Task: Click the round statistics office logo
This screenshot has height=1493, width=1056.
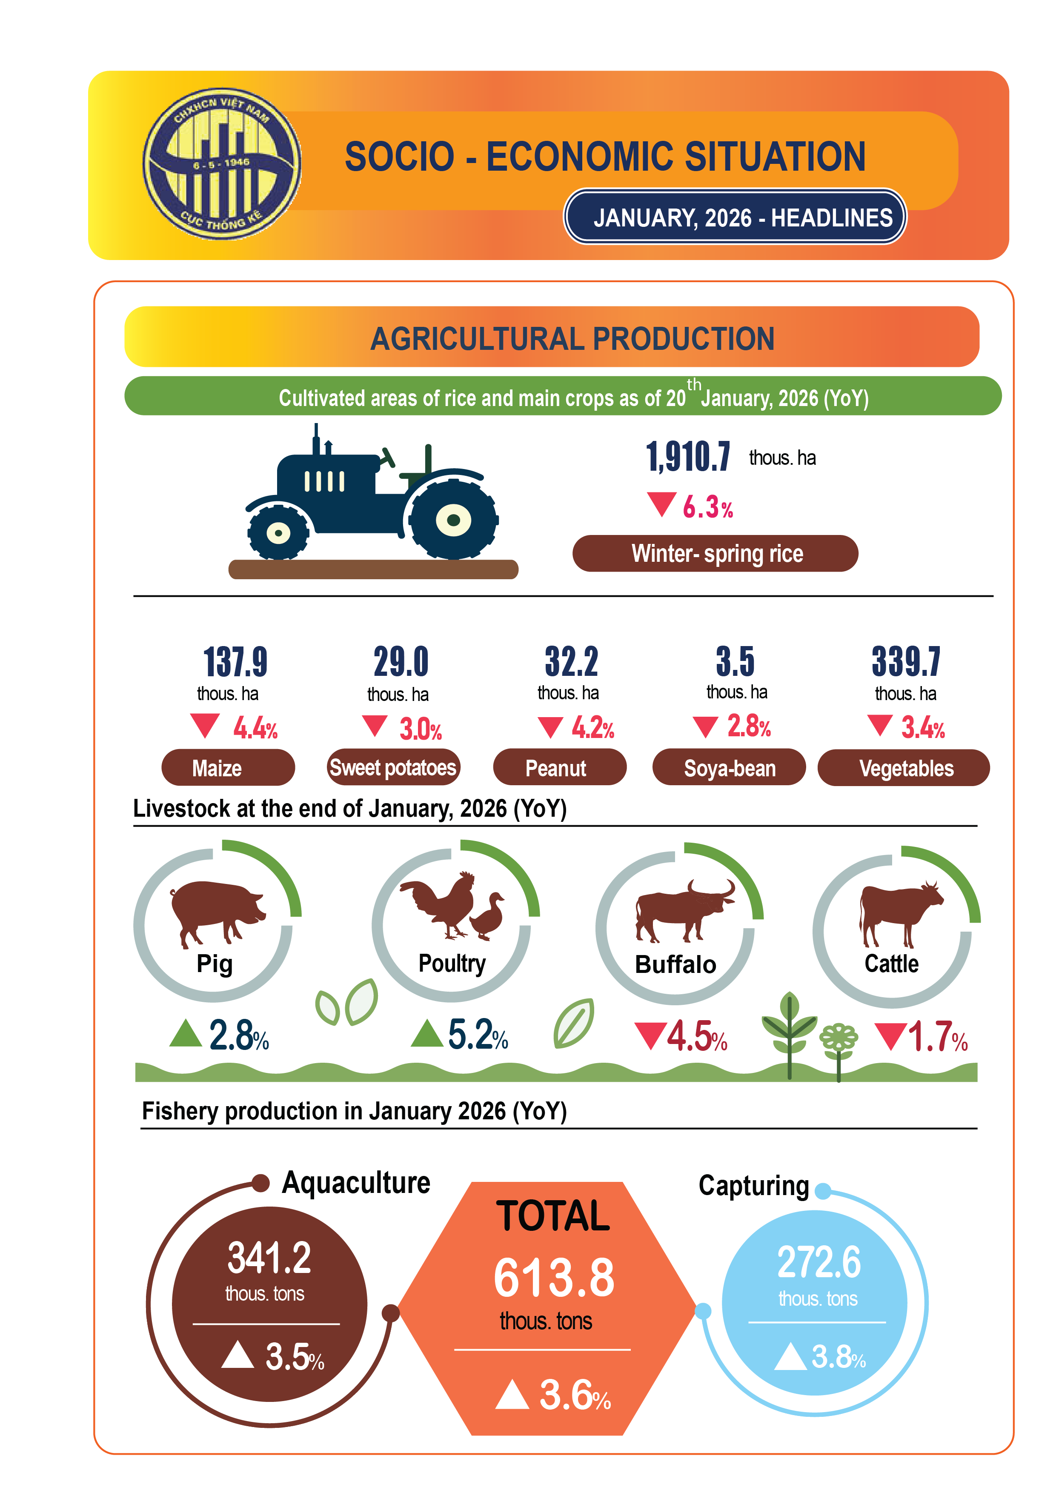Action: click(x=222, y=163)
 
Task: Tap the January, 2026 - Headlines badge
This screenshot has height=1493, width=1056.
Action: click(x=734, y=217)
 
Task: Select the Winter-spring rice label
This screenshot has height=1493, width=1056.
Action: click(x=715, y=553)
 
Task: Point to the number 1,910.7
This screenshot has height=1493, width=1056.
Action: click(x=688, y=457)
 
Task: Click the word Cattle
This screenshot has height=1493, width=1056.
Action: click(x=891, y=964)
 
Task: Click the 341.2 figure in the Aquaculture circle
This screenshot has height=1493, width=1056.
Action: click(x=269, y=1258)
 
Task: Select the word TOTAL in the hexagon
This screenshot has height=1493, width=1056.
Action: click(x=553, y=1216)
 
